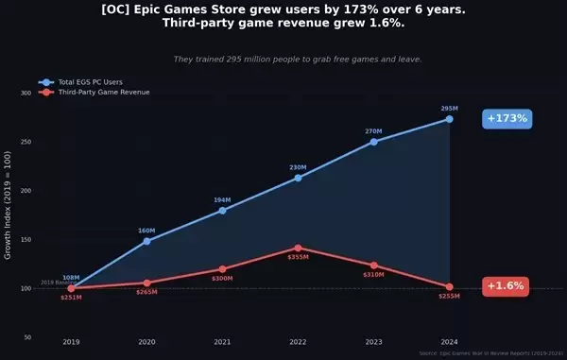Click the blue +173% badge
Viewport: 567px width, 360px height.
(507, 119)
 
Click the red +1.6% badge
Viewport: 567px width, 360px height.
(506, 286)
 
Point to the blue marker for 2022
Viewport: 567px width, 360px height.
(299, 178)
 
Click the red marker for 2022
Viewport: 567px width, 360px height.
(299, 248)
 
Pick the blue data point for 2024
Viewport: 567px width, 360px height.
(450, 119)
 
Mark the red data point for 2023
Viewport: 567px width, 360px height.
(374, 266)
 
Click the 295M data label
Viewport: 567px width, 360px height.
(450, 109)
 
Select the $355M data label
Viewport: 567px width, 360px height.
(299, 257)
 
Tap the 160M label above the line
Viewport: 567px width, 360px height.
(146, 231)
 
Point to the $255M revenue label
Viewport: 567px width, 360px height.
(449, 297)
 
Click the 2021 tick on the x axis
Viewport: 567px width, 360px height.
(222, 341)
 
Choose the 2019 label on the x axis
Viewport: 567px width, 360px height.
(71, 341)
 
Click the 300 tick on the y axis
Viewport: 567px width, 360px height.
(26, 94)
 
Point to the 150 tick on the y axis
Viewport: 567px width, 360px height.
(26, 239)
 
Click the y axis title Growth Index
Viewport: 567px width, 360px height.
(9, 215)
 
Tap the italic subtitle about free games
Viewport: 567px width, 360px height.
(298, 59)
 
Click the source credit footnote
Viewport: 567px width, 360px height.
(490, 353)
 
